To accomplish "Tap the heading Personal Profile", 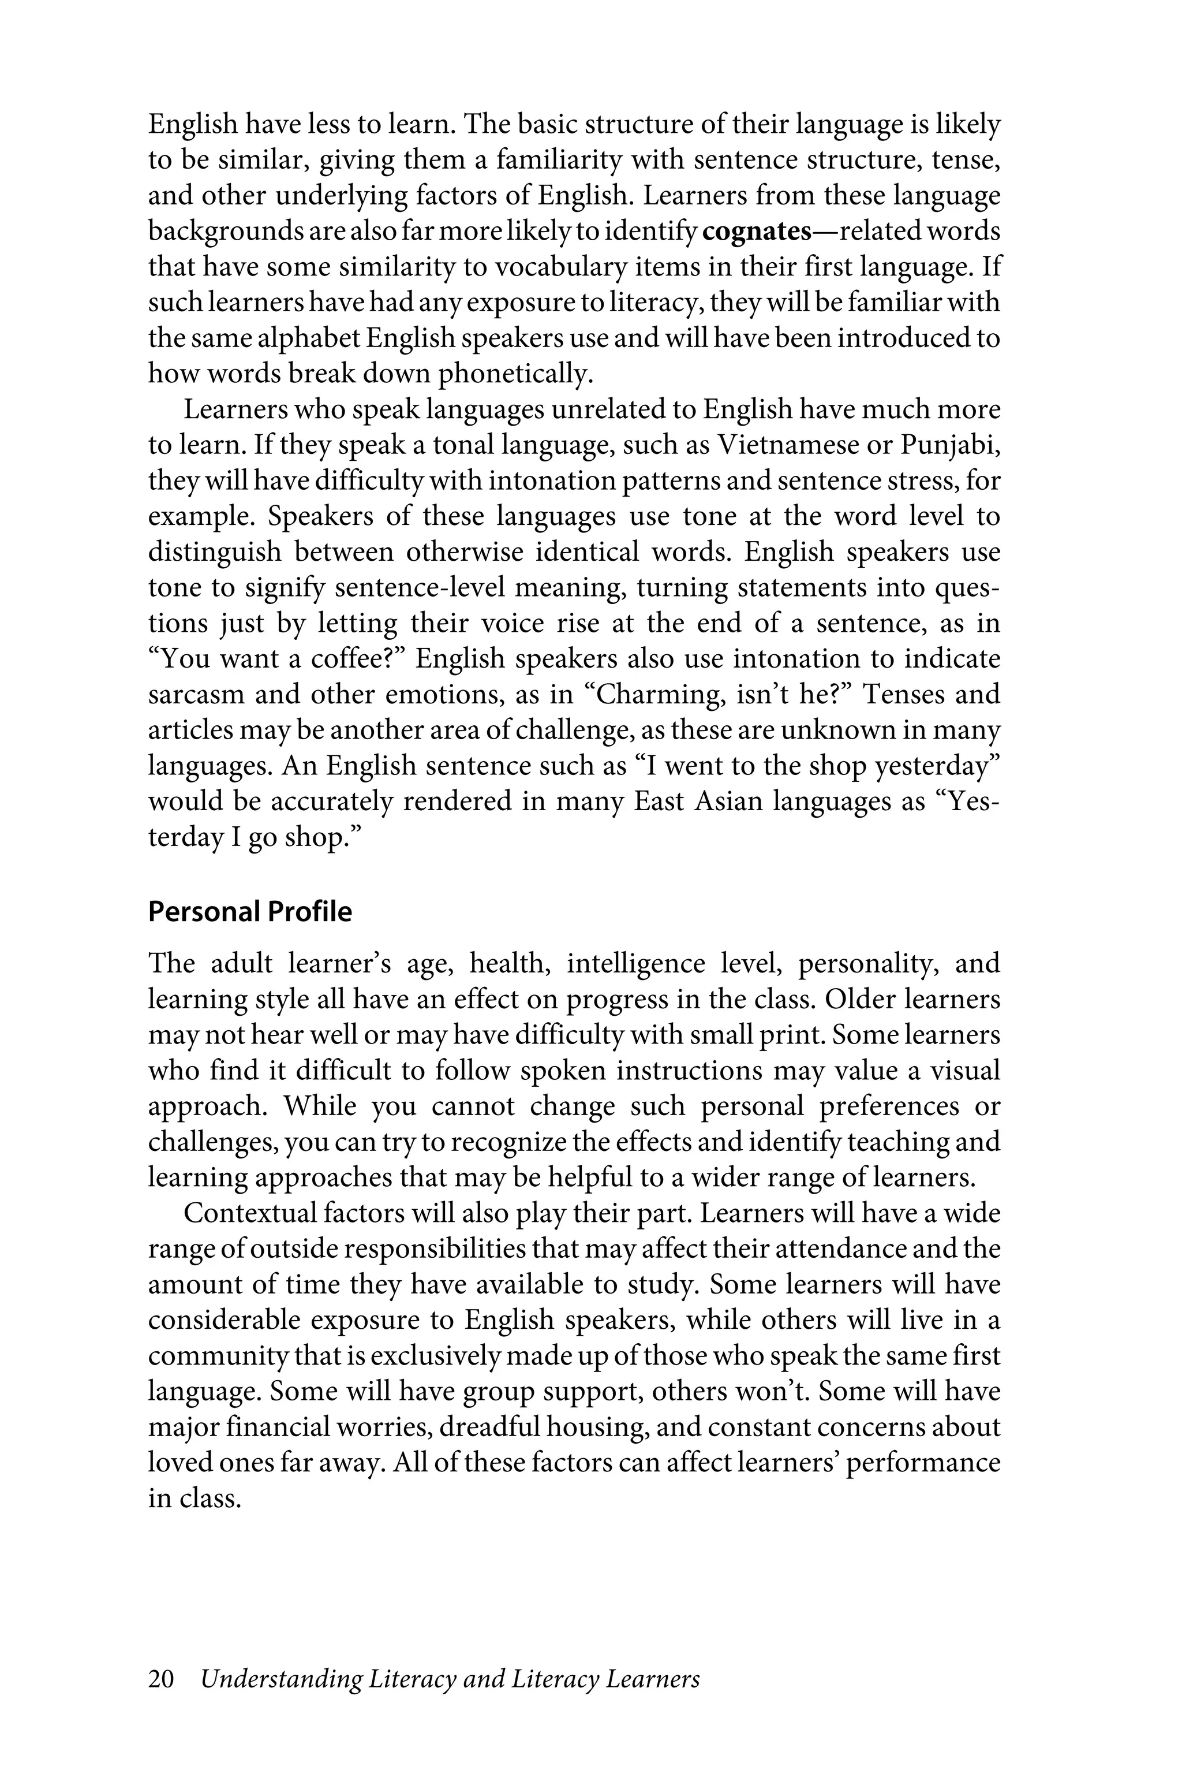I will click(x=249, y=912).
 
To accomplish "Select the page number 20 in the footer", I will click(x=162, y=1679).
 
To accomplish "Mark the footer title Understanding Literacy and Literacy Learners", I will click(x=450, y=1679).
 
